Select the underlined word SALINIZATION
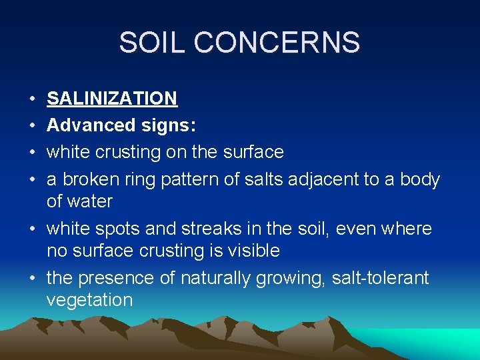pyautogui.click(x=112, y=99)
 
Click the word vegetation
pyautogui.click(x=89, y=300)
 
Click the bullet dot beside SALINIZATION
pyautogui.click(x=32, y=99)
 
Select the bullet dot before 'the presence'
pyautogui.click(x=32, y=278)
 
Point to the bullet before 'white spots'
pyautogui.click(x=32, y=229)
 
